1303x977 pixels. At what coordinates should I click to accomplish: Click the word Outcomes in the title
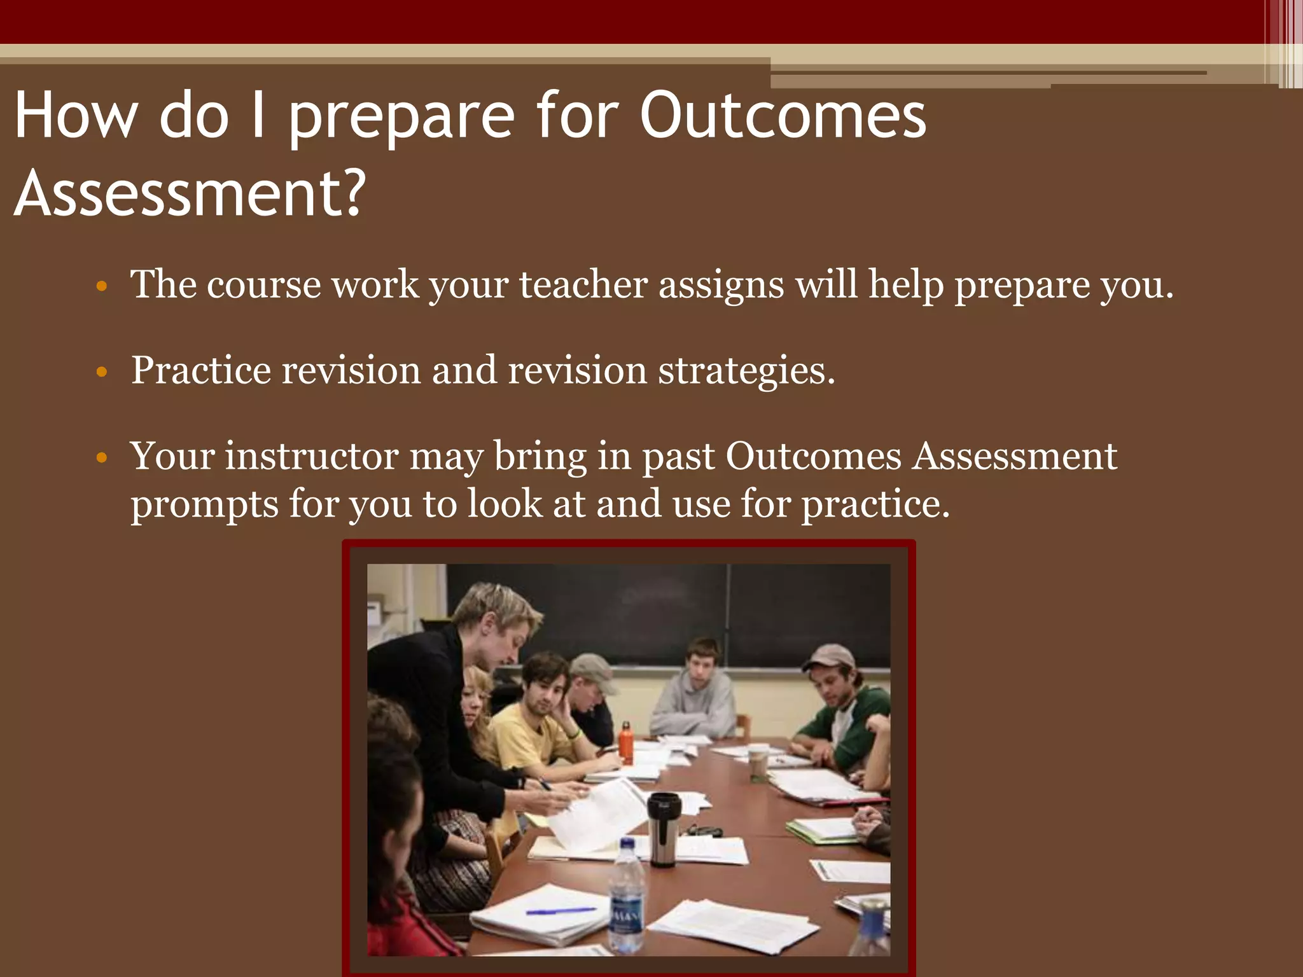click(x=783, y=116)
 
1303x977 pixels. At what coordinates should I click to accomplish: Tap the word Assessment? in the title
click(x=190, y=193)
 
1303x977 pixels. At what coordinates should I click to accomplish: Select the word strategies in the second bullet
click(x=746, y=370)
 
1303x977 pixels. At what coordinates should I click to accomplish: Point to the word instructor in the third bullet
click(x=311, y=456)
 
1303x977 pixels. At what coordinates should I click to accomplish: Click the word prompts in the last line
click(x=204, y=504)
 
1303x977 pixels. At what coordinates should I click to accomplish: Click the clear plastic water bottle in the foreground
click(x=627, y=897)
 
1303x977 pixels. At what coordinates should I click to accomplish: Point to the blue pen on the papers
click(x=560, y=911)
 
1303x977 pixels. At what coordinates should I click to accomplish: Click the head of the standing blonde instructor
click(x=496, y=620)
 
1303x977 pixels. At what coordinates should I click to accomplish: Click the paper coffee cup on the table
click(x=758, y=763)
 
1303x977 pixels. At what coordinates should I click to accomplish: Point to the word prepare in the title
click(x=401, y=116)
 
